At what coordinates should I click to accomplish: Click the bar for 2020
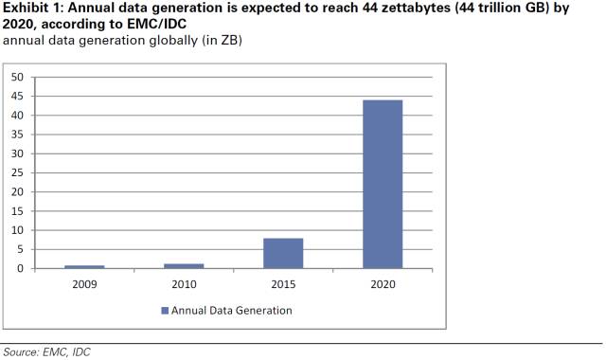click(383, 184)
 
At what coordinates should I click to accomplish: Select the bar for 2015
click(284, 253)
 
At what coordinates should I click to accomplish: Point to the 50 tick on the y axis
click(18, 77)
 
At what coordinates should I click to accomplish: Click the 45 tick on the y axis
click(18, 96)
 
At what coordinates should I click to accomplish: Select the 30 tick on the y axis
click(18, 153)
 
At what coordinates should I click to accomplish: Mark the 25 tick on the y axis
click(18, 172)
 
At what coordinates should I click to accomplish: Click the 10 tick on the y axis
click(18, 230)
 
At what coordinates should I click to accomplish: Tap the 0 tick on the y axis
click(21, 269)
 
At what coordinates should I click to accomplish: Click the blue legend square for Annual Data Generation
click(164, 311)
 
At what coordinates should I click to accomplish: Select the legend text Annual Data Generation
click(232, 311)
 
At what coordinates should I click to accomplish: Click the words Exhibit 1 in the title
click(32, 9)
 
